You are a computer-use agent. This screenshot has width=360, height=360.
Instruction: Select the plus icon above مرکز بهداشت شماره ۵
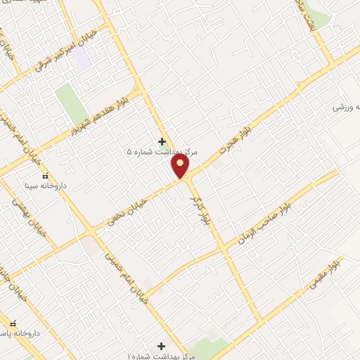pos(162,141)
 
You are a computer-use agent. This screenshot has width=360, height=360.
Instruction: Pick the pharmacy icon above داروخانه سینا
pos(46,176)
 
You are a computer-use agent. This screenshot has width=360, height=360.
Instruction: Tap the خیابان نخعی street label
pos(127,212)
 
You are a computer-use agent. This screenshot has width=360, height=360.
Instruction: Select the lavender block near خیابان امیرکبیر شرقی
pos(83,57)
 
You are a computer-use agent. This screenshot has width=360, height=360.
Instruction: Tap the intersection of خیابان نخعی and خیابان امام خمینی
pos(90,231)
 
